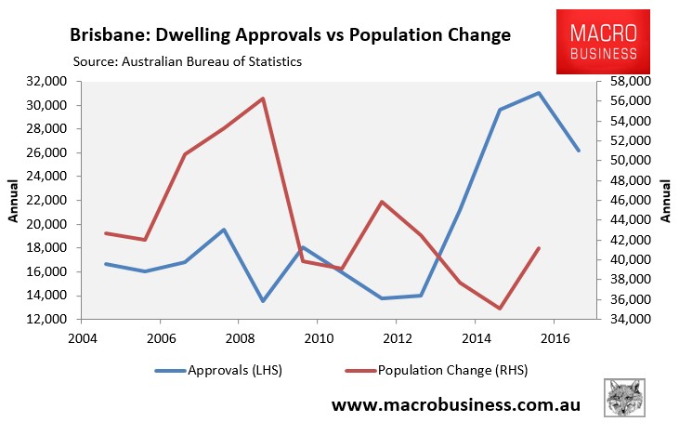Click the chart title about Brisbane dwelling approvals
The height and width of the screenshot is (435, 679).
pos(290,36)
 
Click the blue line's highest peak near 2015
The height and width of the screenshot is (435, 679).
pos(539,93)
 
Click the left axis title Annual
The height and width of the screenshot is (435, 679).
pos(13,201)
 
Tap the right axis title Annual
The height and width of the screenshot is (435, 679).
pos(666,201)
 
